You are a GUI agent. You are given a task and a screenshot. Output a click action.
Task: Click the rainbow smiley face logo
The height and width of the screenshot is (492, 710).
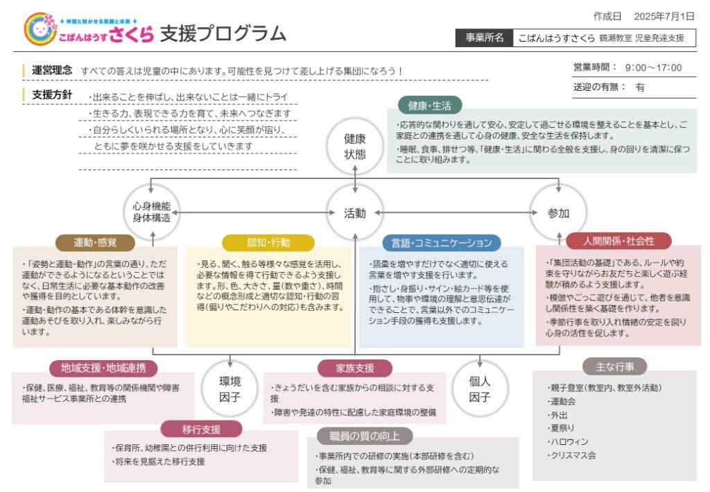pyautogui.click(x=40, y=29)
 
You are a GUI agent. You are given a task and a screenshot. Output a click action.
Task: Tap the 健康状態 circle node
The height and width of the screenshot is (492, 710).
pyautogui.click(x=354, y=146)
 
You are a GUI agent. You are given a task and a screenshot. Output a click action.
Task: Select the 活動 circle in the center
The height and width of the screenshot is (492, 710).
pyautogui.click(x=354, y=213)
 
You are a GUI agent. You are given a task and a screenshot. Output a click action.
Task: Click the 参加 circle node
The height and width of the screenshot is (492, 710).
pyautogui.click(x=558, y=213)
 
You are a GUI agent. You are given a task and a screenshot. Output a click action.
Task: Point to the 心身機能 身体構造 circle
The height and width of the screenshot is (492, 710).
pyautogui.click(x=152, y=212)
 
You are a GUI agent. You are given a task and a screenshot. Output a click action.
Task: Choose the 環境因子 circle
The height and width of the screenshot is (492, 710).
pyautogui.click(x=230, y=389)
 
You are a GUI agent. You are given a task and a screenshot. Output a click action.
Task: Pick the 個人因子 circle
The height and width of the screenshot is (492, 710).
pyautogui.click(x=480, y=389)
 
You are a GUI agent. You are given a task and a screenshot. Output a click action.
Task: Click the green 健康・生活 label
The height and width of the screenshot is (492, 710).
pyautogui.click(x=430, y=105)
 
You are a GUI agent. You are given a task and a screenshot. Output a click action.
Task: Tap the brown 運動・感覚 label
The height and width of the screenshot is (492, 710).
pyautogui.click(x=95, y=242)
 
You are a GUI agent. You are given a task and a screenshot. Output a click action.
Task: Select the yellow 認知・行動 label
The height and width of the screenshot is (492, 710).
pyautogui.click(x=268, y=242)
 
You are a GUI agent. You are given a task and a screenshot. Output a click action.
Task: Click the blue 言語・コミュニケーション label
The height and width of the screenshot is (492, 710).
pyautogui.click(x=442, y=243)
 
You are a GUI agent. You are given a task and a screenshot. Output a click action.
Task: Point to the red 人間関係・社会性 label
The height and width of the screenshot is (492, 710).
pyautogui.click(x=618, y=241)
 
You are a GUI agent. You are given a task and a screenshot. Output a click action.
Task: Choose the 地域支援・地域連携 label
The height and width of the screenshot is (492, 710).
pyautogui.click(x=103, y=368)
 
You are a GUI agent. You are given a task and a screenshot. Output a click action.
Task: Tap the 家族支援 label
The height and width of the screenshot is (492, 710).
pyautogui.click(x=355, y=368)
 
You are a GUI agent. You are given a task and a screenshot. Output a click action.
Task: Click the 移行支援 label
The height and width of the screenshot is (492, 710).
pyautogui.click(x=202, y=429)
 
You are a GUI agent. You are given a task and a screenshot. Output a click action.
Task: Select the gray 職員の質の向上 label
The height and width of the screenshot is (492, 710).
pyautogui.click(x=365, y=436)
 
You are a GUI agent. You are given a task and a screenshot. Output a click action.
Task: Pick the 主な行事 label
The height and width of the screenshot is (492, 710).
pyautogui.click(x=614, y=366)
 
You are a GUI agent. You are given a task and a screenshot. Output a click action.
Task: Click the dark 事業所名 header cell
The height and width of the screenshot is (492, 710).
pyautogui.click(x=485, y=37)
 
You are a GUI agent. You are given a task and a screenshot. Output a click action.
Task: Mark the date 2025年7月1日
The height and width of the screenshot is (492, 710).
pyautogui.click(x=664, y=17)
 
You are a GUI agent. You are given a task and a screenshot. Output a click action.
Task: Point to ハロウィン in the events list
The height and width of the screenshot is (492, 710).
pyautogui.click(x=569, y=441)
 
